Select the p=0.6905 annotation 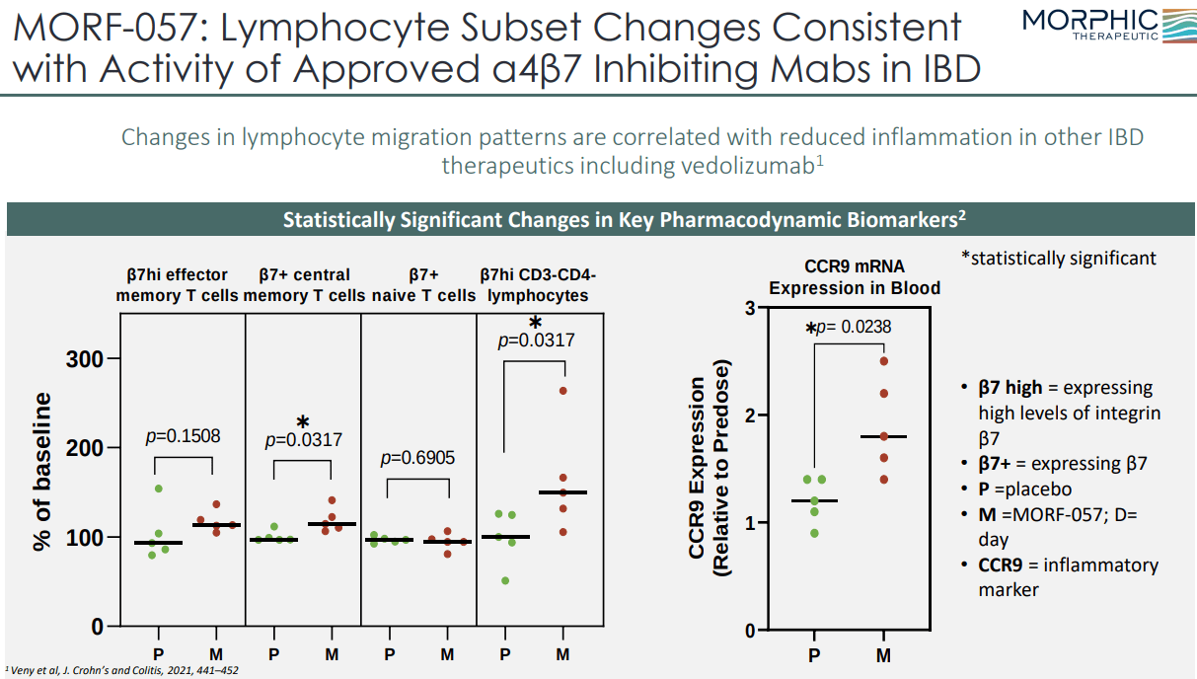[x=417, y=458]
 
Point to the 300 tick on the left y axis [x=86, y=358]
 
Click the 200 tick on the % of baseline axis [x=86, y=448]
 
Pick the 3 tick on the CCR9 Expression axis [x=749, y=309]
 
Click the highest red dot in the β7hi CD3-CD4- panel [x=563, y=391]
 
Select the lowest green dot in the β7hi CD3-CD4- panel [x=506, y=580]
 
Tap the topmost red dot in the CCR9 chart [x=884, y=361]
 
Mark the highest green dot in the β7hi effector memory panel [x=158, y=489]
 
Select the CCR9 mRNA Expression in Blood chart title [x=855, y=277]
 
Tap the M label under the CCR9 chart [x=883, y=655]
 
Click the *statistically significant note [x=1058, y=259]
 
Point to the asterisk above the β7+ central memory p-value [x=303, y=422]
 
